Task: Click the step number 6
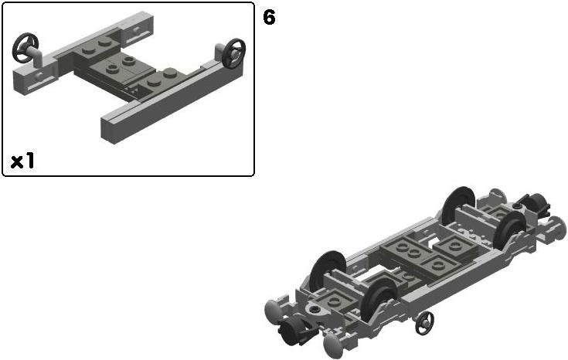(269, 17)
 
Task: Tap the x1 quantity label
(22, 161)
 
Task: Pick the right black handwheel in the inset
(233, 53)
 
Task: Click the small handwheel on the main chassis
(424, 322)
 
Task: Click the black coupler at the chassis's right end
(536, 204)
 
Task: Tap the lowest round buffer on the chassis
(332, 345)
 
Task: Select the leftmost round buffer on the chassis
(274, 311)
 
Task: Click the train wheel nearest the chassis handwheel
(379, 299)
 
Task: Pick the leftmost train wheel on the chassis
(328, 271)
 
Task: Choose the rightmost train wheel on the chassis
(510, 230)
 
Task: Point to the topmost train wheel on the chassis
(458, 205)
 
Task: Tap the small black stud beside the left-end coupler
(315, 309)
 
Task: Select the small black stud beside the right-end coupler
(517, 206)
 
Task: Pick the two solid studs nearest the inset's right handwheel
(162, 77)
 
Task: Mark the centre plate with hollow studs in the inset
(122, 65)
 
